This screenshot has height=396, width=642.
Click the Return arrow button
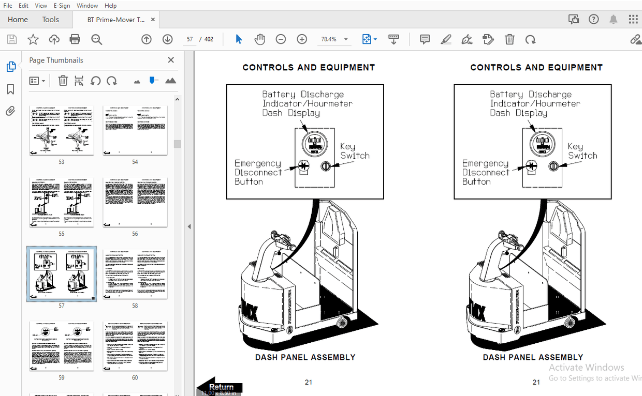pyautogui.click(x=220, y=387)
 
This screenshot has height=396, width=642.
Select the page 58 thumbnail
pyautogui.click(x=135, y=274)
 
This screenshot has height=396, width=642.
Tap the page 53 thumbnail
pyautogui.click(x=62, y=130)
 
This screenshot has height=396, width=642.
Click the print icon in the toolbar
pyautogui.click(x=75, y=39)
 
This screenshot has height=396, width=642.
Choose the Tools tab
pyautogui.click(x=51, y=20)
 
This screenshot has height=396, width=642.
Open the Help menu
pyautogui.click(x=110, y=6)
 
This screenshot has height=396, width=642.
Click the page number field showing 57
pyautogui.click(x=190, y=39)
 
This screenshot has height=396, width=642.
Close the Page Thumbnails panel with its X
pyautogui.click(x=171, y=60)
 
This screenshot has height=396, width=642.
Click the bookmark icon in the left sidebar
pyautogui.click(x=10, y=89)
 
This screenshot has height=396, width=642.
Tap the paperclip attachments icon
pyautogui.click(x=10, y=111)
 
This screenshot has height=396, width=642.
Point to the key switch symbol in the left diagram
pyautogui.click(x=326, y=166)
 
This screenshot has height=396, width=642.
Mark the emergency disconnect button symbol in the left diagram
pyautogui.click(x=303, y=166)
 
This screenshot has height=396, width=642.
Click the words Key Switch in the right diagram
pyautogui.click(x=582, y=151)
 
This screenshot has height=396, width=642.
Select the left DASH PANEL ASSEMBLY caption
pyautogui.click(x=305, y=357)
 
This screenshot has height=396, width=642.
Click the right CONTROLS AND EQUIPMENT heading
pyautogui.click(x=536, y=67)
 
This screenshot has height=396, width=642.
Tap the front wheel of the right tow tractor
pyautogui.click(x=570, y=323)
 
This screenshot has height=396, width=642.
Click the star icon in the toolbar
pyautogui.click(x=33, y=39)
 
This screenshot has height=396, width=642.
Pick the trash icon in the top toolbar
pyautogui.click(x=509, y=39)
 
